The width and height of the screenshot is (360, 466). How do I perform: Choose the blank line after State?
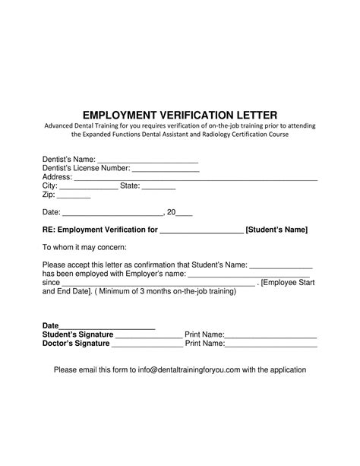159,187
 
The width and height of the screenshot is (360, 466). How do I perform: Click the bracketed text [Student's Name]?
276,229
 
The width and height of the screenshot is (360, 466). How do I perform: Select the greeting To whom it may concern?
84,247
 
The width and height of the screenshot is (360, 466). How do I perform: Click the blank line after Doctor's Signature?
147,344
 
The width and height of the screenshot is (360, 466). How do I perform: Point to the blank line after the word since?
159,283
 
